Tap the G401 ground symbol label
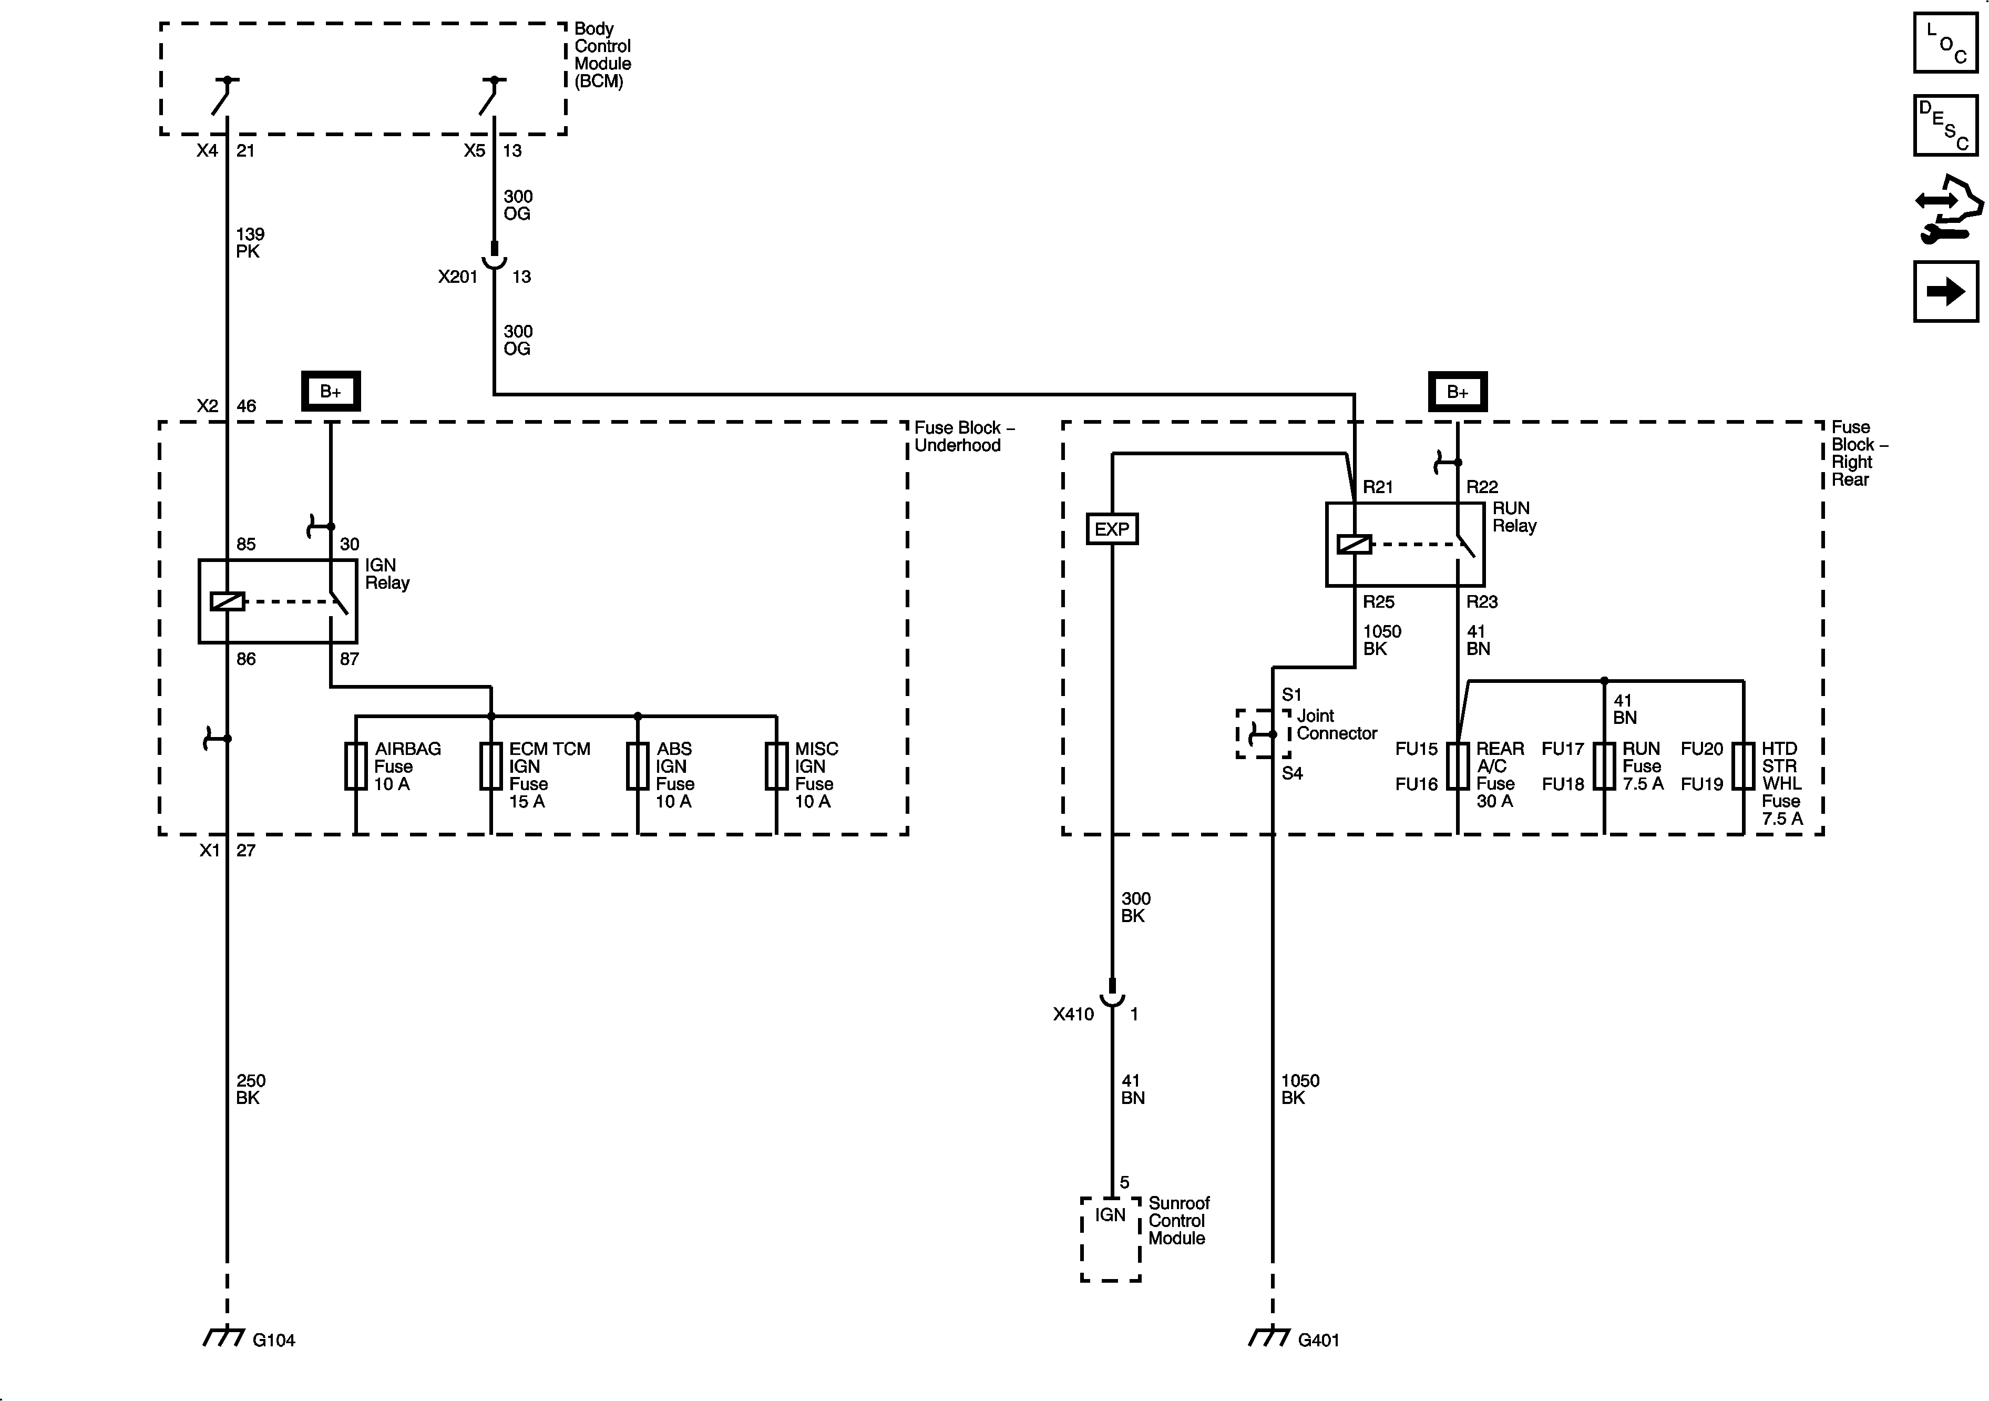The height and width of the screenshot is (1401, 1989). (1318, 1341)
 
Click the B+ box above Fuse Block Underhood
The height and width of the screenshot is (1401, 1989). (330, 392)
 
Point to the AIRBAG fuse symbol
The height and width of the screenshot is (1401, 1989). (356, 766)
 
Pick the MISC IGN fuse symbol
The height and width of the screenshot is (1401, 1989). (776, 766)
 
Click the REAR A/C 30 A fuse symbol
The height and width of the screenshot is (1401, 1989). (1458, 766)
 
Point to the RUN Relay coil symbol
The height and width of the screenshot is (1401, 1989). (1354, 544)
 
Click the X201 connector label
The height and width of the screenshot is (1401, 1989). (457, 277)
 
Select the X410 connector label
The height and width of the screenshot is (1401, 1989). (1073, 1014)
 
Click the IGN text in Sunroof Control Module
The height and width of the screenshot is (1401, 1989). (1110, 1215)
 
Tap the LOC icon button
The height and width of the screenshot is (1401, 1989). (1946, 43)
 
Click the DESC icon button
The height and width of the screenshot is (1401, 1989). (1946, 126)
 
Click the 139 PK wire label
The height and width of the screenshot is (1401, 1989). (250, 242)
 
